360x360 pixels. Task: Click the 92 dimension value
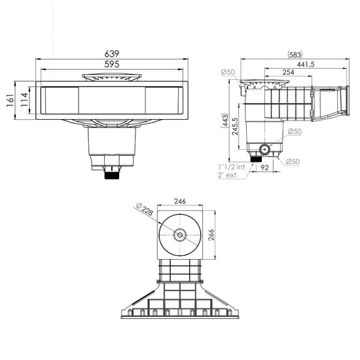coord(265,168)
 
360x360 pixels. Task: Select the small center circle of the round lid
coord(179,235)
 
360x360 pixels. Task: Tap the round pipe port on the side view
coord(264,149)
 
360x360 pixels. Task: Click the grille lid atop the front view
coord(113,77)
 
